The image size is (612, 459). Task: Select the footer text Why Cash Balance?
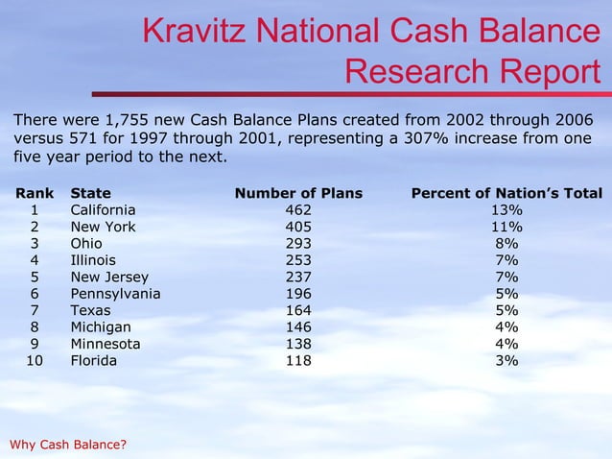[x=67, y=444]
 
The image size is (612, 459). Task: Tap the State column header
[x=90, y=194]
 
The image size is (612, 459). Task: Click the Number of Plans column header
[x=298, y=194]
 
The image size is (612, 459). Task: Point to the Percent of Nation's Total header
[x=506, y=194]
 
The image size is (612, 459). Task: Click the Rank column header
[x=35, y=194]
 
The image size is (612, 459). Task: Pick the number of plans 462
[x=298, y=210]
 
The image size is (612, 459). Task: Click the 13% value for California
[x=506, y=210]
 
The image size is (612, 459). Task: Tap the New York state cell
[x=103, y=228]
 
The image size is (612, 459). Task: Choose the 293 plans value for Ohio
[x=298, y=244]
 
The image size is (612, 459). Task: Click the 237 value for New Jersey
[x=298, y=278]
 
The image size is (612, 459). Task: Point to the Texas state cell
[x=90, y=311]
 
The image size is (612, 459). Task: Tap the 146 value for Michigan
[x=298, y=327]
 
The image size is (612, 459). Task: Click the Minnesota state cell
[x=106, y=344]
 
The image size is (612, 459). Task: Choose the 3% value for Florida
[x=506, y=361]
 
